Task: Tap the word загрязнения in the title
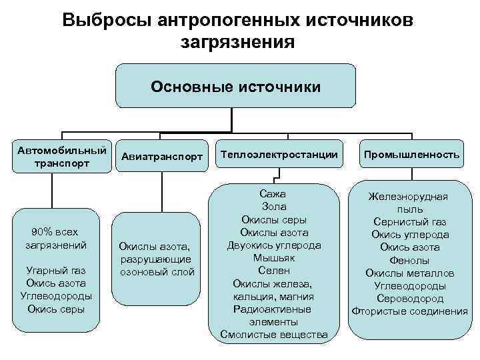[237, 42]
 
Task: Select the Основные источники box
[235, 87]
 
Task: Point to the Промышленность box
[411, 155]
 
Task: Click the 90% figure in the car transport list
[41, 232]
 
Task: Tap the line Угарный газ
[55, 270]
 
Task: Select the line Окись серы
[55, 309]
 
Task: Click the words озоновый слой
[157, 271]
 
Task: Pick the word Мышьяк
[274, 258]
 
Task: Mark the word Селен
[274, 271]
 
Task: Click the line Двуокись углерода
[274, 245]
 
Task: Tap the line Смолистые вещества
[274, 334]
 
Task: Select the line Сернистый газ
[410, 222]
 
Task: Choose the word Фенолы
[410, 260]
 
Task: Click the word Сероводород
[410, 298]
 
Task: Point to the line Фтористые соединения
[410, 311]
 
